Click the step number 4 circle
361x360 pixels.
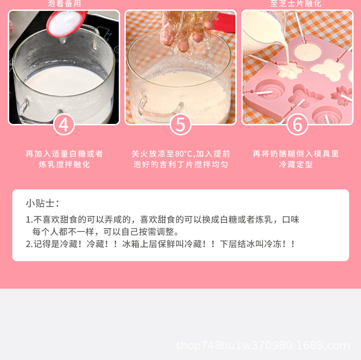click(64, 124)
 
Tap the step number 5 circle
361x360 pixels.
click(180, 124)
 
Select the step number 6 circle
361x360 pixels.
click(297, 124)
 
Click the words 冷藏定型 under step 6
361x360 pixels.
click(296, 164)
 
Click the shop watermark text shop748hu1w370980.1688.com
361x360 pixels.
click(262, 345)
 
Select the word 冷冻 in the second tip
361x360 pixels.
click(272, 244)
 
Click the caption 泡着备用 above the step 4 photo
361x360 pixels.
click(64, 4)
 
